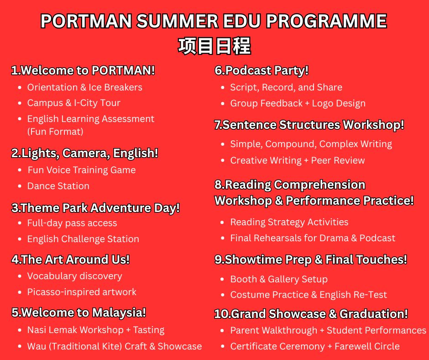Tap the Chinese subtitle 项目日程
tap(214, 46)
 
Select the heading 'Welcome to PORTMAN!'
tap(88, 70)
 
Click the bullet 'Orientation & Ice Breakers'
tap(84, 87)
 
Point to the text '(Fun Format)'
tap(55, 132)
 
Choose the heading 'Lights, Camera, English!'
tap(89, 153)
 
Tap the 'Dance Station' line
tap(58, 186)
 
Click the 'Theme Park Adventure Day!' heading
tap(100, 208)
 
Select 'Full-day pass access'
tap(72, 223)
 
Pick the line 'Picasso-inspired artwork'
tap(82, 292)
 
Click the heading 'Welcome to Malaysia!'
tap(84, 312)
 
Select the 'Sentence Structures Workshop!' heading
tap(313, 125)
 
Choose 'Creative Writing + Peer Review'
tap(298, 160)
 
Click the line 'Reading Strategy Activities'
tap(289, 222)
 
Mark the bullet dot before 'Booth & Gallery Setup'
tap(222, 280)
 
